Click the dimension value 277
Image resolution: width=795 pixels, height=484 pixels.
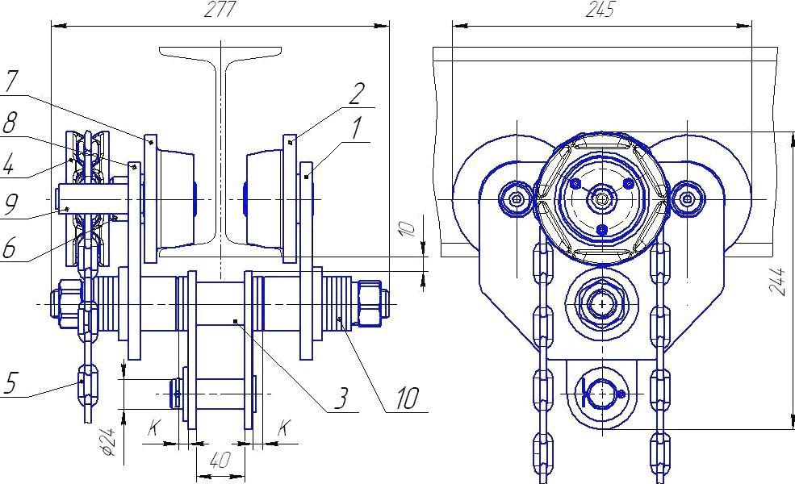point(220,9)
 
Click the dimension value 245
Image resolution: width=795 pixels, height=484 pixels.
point(601,9)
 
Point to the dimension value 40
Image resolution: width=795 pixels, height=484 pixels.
point(220,460)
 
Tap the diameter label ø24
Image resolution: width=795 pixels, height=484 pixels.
point(107,441)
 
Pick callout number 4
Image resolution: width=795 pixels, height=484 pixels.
point(8,164)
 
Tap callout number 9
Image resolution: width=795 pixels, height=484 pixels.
point(10,204)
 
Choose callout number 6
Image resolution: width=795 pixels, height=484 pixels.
point(9,248)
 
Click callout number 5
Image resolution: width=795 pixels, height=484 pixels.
point(10,383)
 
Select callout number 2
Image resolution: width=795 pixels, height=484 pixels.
point(357,94)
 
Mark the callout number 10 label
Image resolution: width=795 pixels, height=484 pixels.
point(407,398)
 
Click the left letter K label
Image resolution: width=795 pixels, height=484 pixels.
point(154,428)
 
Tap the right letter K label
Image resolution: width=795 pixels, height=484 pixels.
point(284,428)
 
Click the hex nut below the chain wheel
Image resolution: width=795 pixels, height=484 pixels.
point(602,304)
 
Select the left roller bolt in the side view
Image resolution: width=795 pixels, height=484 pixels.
point(516,198)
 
